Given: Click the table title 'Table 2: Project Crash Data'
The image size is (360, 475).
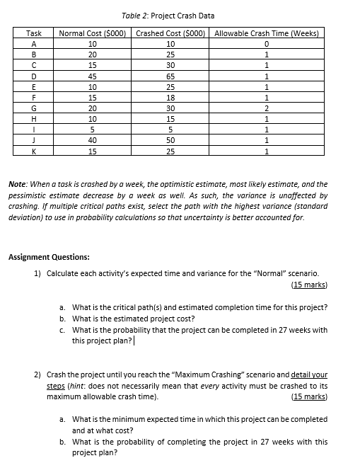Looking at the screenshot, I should [x=168, y=16].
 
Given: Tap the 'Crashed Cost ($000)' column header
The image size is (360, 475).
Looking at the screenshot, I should [x=170, y=33].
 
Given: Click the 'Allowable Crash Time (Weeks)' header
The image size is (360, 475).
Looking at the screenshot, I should [x=267, y=33].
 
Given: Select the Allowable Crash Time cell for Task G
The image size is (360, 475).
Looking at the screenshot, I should [x=267, y=108].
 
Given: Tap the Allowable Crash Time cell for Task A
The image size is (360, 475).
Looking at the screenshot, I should [x=267, y=44].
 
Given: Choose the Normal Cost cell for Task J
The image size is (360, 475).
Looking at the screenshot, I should [x=92, y=140].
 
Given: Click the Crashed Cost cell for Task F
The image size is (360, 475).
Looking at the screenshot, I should [x=170, y=98].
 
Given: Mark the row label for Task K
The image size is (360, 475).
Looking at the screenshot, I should [x=33, y=151].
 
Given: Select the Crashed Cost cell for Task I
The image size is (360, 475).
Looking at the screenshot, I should [x=170, y=130].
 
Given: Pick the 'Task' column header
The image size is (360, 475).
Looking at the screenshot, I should [x=33, y=33].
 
